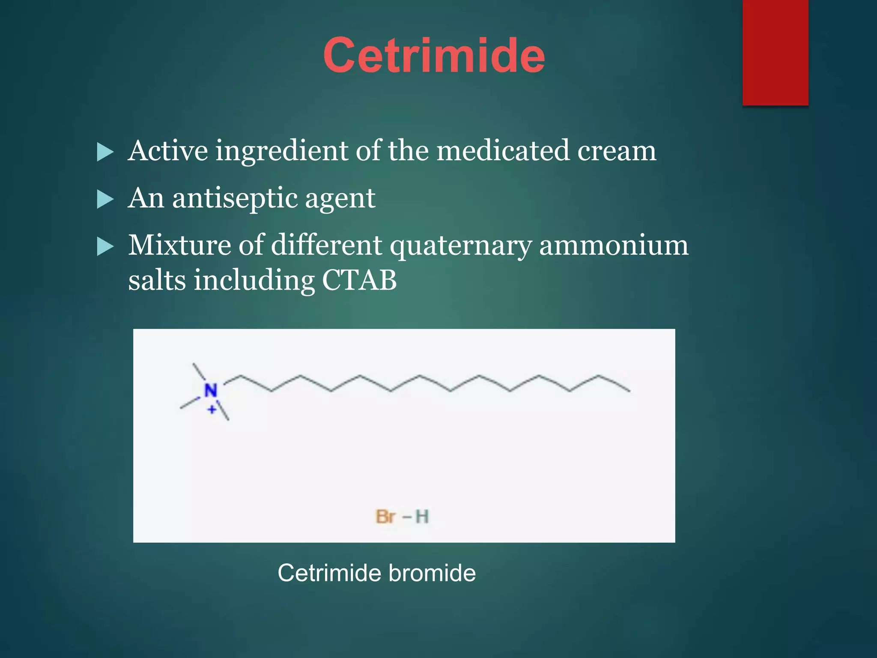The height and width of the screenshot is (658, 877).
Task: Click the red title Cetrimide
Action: click(434, 56)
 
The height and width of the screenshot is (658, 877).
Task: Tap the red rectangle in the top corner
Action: click(775, 52)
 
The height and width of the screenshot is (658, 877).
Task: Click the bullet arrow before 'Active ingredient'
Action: click(105, 152)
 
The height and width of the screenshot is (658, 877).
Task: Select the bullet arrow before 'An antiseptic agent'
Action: click(105, 199)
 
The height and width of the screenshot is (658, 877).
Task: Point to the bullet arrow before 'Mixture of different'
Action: click(105, 246)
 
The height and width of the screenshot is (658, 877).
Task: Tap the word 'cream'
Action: click(616, 151)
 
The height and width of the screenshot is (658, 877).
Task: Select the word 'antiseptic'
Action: click(234, 198)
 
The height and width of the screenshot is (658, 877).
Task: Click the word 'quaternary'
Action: click(461, 246)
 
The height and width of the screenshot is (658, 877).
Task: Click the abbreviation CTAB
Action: click(359, 281)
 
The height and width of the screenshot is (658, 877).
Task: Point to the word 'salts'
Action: click(157, 281)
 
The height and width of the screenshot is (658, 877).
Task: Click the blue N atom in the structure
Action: click(211, 390)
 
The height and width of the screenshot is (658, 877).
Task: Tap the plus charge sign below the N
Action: click(212, 410)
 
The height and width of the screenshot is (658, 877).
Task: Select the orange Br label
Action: click(385, 517)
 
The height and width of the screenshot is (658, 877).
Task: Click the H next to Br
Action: click(422, 517)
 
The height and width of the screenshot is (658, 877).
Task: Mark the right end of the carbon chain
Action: click(629, 390)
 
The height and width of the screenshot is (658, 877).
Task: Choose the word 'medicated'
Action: click(503, 151)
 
